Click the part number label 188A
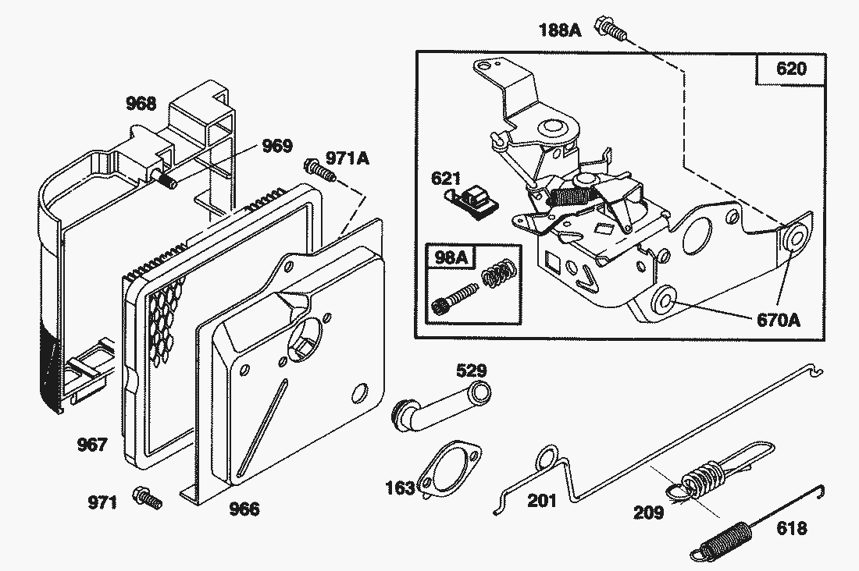pyautogui.click(x=559, y=30)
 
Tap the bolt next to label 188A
pyautogui.click(x=610, y=27)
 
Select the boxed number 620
pyautogui.click(x=790, y=69)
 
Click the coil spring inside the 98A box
pyautogui.click(x=497, y=275)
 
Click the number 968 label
pyautogui.click(x=141, y=104)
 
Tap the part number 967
pyautogui.click(x=91, y=445)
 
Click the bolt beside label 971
pyautogui.click(x=148, y=497)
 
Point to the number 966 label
pyautogui.click(x=244, y=509)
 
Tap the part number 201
pyautogui.click(x=542, y=500)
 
